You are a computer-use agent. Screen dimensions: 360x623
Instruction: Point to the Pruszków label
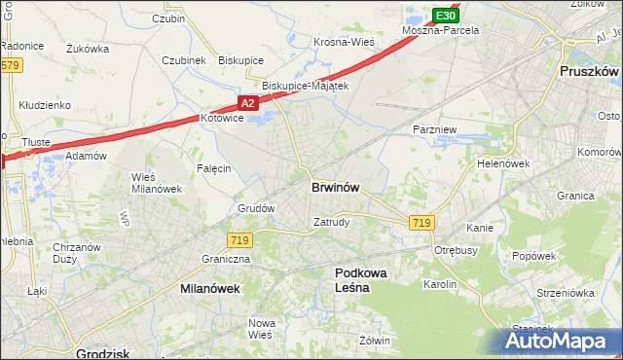point(589,72)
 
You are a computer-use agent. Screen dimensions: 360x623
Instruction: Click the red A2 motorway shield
point(247,102)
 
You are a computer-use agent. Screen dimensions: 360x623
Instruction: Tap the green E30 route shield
point(445,16)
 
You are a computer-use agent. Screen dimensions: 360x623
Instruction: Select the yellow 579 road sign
point(10,65)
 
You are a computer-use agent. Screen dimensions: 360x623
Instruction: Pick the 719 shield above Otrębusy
point(421,223)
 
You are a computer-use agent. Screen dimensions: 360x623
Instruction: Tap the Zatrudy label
point(331,222)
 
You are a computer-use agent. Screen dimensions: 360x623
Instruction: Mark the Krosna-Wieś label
point(344,42)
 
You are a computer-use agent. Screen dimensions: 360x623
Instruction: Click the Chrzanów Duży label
point(77,253)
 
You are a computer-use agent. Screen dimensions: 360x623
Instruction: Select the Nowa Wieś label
point(261,329)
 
